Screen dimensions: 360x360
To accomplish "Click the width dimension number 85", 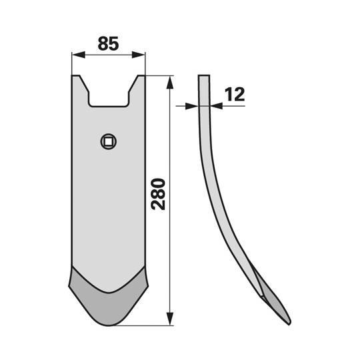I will pos(108,44).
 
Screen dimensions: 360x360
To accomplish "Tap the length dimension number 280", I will pos(159,194).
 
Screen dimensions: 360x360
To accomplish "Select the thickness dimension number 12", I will pos(234,95).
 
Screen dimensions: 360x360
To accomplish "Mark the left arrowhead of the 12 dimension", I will pos(194,105).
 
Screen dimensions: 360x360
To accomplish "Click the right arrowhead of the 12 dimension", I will pos(214,105).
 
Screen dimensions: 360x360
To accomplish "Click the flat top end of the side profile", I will pos(204,76).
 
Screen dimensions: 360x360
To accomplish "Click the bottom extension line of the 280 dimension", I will pos(147,325).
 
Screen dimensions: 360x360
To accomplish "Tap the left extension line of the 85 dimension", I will pos(71,63).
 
